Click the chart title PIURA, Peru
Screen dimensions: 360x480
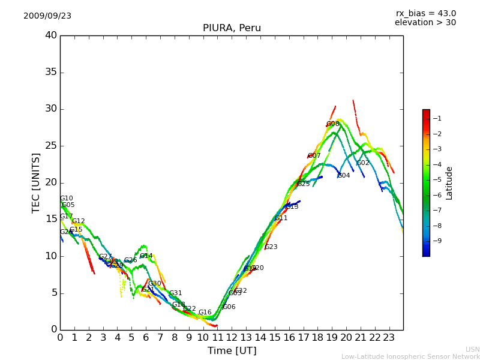232,28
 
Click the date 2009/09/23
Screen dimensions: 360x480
47,16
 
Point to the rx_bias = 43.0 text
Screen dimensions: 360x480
425,14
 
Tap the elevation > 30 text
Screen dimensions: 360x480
425,23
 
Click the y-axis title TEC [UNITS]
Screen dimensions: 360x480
36,183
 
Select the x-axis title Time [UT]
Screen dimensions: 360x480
232,351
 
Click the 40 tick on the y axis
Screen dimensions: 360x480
51,35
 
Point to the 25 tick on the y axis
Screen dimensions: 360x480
51,146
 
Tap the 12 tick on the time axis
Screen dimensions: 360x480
232,338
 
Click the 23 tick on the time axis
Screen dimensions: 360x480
389,338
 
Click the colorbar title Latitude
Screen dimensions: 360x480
449,183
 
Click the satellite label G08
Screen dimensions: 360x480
333,124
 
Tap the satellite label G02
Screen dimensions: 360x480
363,163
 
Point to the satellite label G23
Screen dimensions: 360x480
271,247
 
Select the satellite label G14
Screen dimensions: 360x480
146,256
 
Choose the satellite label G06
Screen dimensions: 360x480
229,307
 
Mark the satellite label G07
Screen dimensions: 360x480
314,156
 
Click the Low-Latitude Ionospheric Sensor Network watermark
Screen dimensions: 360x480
410,357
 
